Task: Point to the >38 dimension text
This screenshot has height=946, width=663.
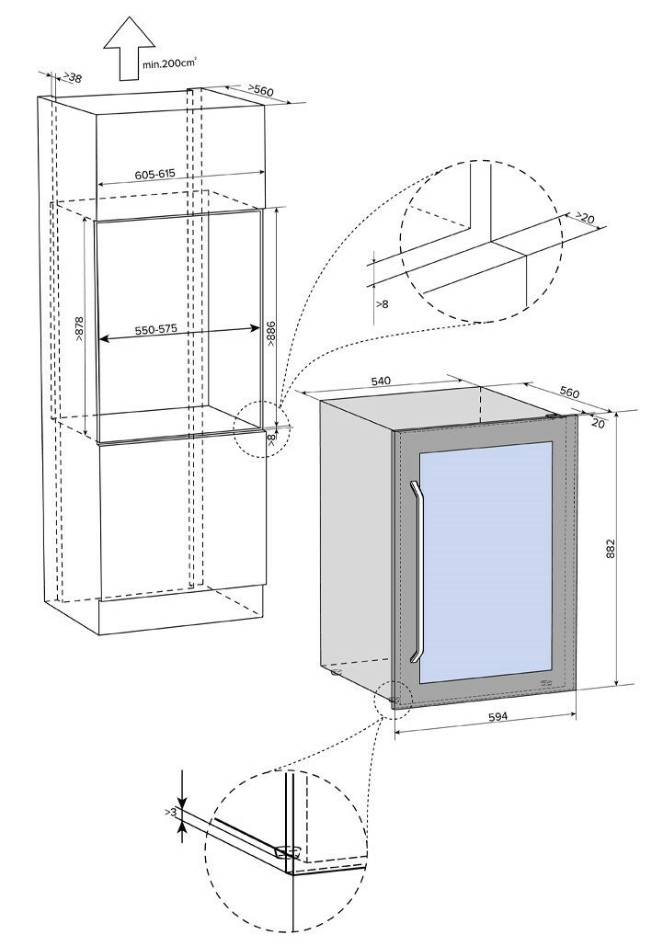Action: point(70,79)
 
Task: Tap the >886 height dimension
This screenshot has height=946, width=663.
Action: point(271,333)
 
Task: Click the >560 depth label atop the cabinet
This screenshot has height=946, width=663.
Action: point(262,89)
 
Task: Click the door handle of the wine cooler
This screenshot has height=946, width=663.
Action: point(417,571)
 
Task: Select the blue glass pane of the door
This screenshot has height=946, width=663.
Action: point(486,560)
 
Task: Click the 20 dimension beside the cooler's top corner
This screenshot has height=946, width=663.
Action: point(598,423)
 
